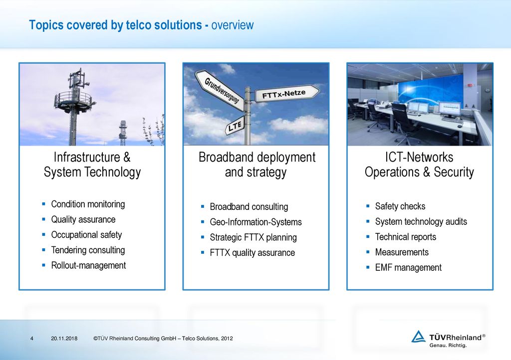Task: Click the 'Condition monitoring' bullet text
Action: point(88,204)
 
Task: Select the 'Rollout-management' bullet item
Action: point(88,265)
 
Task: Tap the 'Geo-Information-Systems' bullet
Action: point(256,222)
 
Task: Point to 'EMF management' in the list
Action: point(408,268)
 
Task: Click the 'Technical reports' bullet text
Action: point(405,237)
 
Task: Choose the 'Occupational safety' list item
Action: point(86,235)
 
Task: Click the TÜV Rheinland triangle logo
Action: point(418,337)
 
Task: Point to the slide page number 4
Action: point(31,339)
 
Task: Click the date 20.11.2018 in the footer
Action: point(64,339)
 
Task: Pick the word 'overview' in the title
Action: point(233,25)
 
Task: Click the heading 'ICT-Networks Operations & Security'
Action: point(419,165)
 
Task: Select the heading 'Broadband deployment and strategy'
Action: point(257,165)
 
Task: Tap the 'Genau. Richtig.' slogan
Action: point(448,346)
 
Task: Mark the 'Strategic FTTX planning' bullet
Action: point(253,237)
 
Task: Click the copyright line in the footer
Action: point(163,339)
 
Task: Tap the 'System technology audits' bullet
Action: point(421,222)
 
